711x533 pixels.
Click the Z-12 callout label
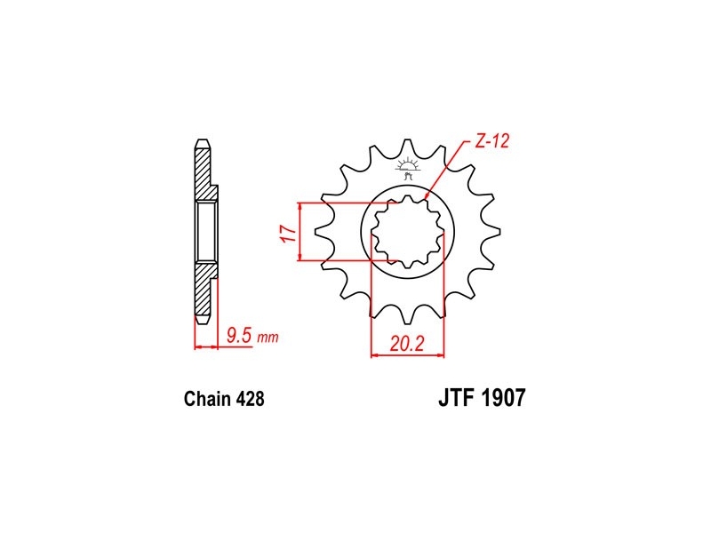[x=492, y=141]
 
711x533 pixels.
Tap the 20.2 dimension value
[x=406, y=344]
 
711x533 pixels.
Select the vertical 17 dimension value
[x=289, y=233]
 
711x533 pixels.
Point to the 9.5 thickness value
[x=238, y=336]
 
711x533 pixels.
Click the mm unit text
[x=268, y=338]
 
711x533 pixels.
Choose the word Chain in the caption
[x=207, y=399]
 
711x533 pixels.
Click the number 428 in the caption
[x=250, y=399]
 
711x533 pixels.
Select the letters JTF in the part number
[x=457, y=397]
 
